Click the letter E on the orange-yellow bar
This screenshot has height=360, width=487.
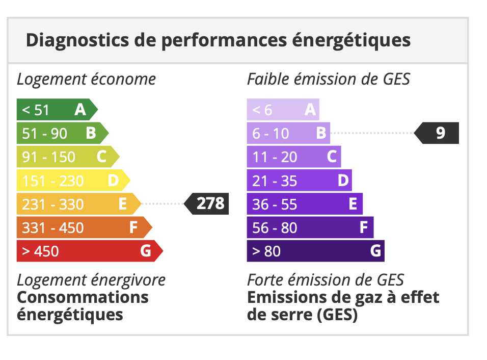tap(123, 204)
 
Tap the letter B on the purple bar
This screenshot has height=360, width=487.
tap(321, 133)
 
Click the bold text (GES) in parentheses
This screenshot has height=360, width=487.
tap(337, 315)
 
